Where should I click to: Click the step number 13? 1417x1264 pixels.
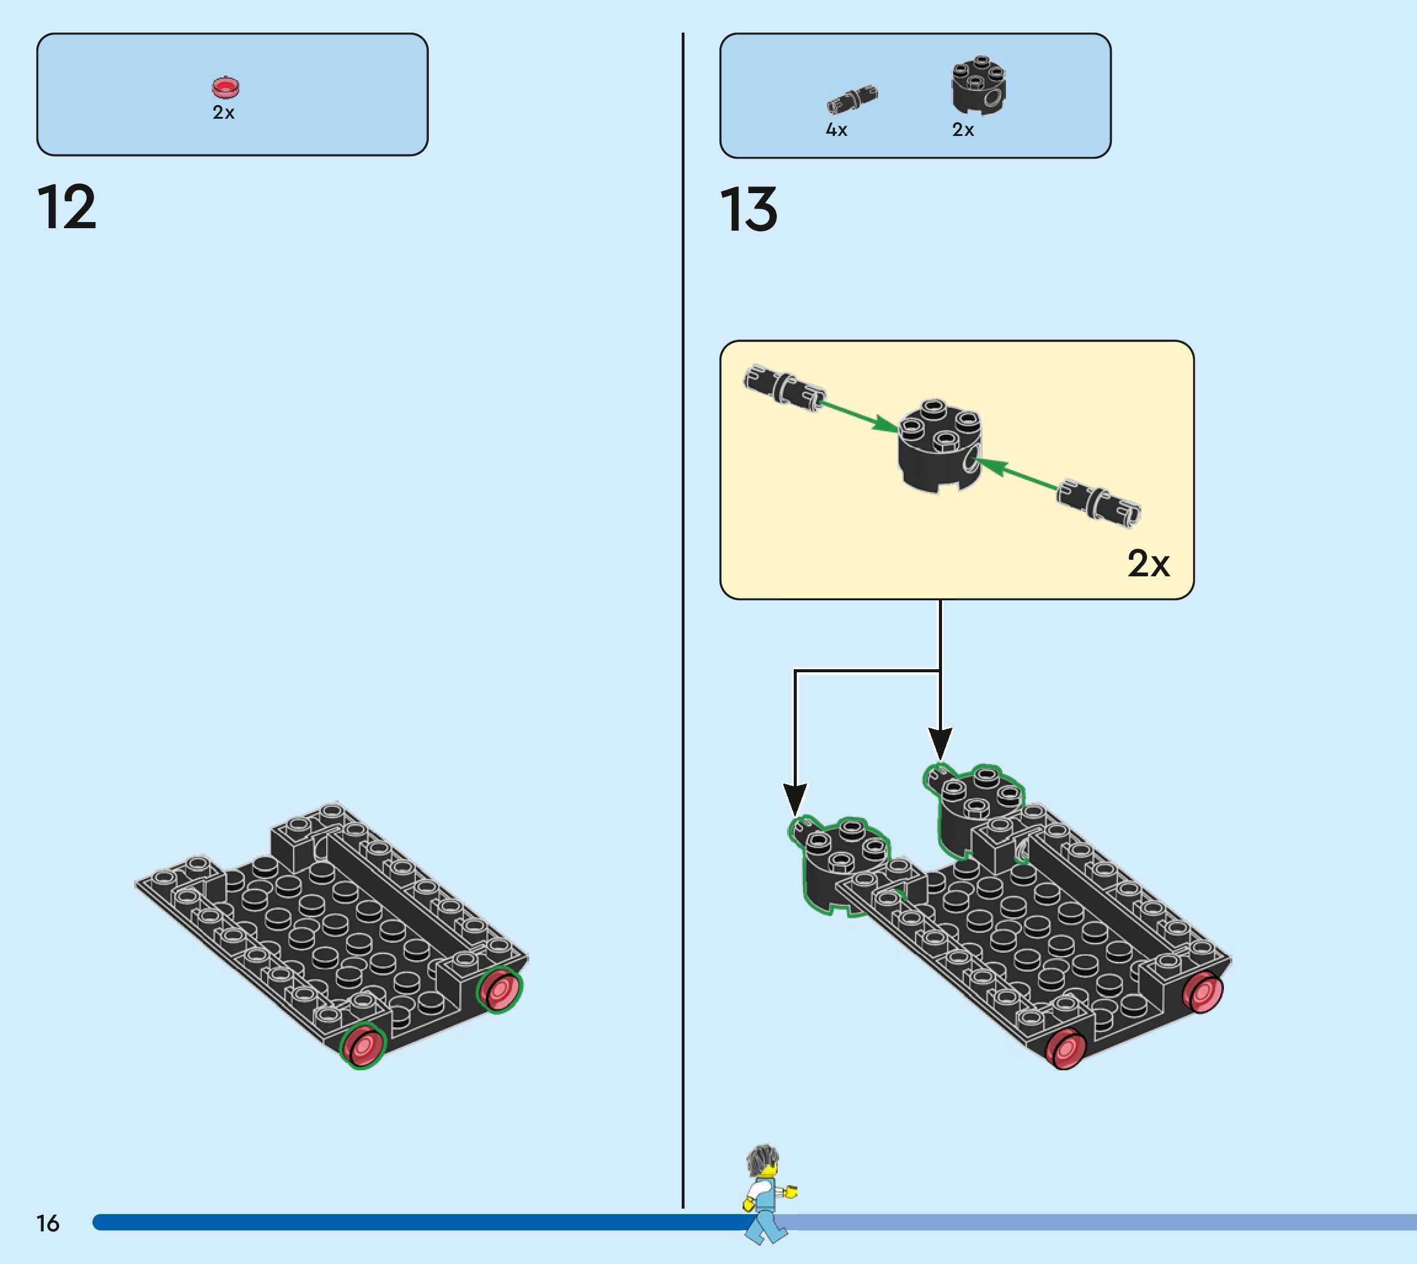coord(749,210)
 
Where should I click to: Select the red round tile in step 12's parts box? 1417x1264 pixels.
coord(225,87)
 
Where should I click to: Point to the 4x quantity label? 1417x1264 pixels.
coord(836,130)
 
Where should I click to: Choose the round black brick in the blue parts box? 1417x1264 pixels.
coord(978,86)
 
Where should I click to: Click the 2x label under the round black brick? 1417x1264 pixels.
coord(963,130)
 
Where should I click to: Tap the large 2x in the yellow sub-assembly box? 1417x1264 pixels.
coord(1148,563)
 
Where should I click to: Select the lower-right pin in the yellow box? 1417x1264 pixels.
coord(1098,501)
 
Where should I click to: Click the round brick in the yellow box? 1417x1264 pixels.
coord(939,446)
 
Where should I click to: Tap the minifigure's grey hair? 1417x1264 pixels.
coord(763,1161)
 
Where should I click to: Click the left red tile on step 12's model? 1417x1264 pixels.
coord(362,1046)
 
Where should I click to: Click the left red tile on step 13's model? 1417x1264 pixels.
coord(1066,1049)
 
